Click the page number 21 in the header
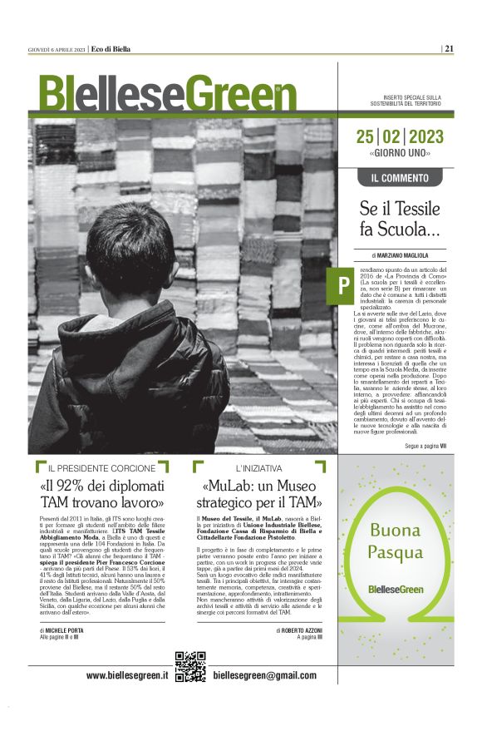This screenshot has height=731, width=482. click(449, 47)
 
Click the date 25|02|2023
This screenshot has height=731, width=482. click(399, 137)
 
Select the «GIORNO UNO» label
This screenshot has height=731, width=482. click(399, 154)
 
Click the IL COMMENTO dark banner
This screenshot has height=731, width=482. click(399, 178)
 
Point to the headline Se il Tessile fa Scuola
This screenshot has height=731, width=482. click(399, 219)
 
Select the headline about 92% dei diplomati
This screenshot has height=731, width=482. click(102, 494)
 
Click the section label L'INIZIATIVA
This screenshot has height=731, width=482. click(258, 468)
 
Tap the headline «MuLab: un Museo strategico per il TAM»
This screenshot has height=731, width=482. click(258, 494)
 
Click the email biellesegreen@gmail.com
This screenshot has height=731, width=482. click(264, 675)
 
